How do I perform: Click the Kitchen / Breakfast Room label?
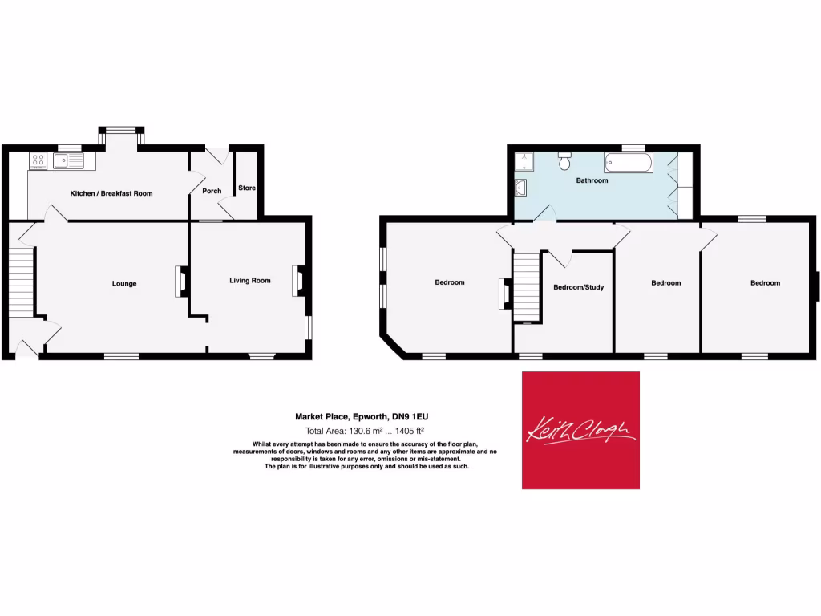(x=111, y=193)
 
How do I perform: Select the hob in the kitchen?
(x=38, y=161)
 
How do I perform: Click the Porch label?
(x=212, y=191)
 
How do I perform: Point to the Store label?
(x=246, y=188)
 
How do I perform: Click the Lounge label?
(x=124, y=283)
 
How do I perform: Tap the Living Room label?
(x=250, y=281)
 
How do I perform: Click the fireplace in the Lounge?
(x=181, y=282)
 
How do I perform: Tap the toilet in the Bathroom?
(x=564, y=161)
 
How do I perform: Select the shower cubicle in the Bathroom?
(x=527, y=162)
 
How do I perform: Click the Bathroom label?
(x=592, y=180)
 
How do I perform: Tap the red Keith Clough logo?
(x=580, y=430)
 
